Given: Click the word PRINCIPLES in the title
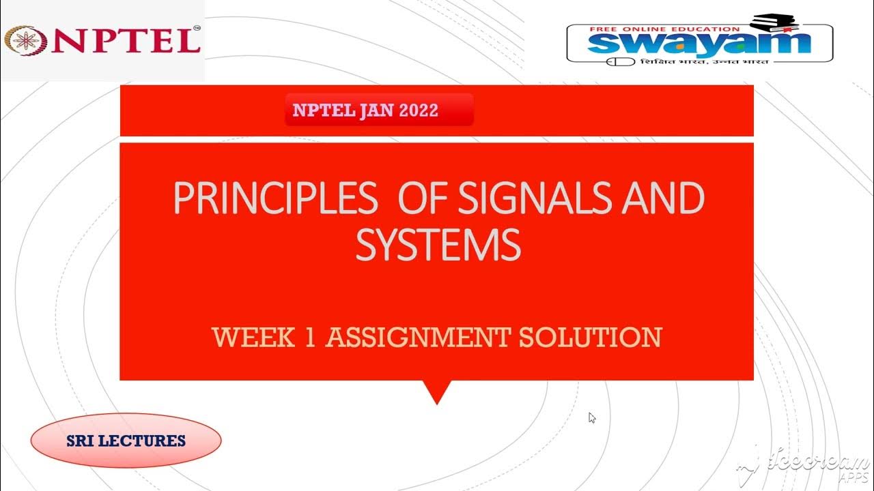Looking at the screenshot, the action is click(x=274, y=198).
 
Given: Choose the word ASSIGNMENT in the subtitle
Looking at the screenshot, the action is click(x=417, y=338).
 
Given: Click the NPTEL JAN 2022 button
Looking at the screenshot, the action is click(x=379, y=110).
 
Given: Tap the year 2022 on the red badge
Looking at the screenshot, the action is click(x=419, y=110).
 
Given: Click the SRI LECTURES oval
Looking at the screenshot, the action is click(x=126, y=441).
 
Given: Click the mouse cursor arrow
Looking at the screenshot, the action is click(x=592, y=417).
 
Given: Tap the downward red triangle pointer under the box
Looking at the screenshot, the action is click(x=437, y=392).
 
